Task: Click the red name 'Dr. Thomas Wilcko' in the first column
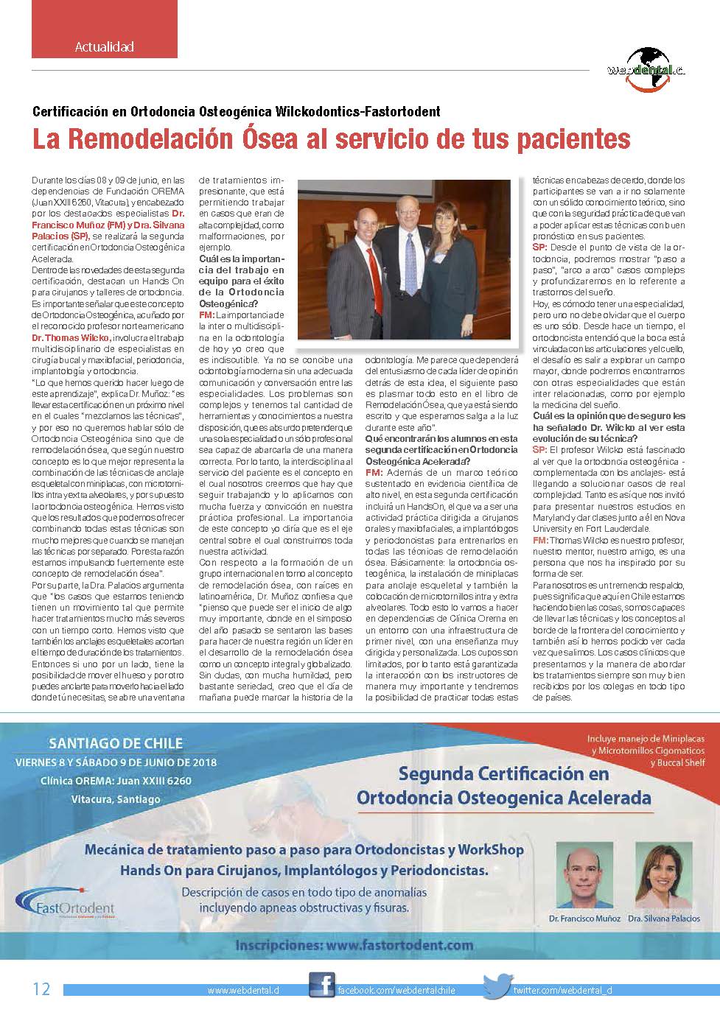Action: pyautogui.click(x=71, y=337)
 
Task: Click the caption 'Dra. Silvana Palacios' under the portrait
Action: pyautogui.click(x=663, y=919)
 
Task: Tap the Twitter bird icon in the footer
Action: pyautogui.click(x=497, y=987)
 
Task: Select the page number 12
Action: pyautogui.click(x=41, y=988)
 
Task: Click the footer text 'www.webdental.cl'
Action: pyautogui.click(x=243, y=991)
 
